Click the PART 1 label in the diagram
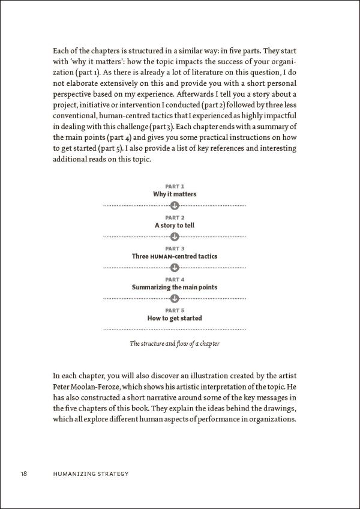coord(175,187)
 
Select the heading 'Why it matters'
coord(175,194)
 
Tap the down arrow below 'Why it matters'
coord(175,205)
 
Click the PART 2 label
coord(175,218)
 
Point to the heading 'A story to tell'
coord(175,226)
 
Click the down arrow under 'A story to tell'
coord(175,236)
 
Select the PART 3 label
coord(175,248)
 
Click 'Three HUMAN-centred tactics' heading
coord(175,256)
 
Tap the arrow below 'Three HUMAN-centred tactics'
coord(175,267)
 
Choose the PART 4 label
coord(175,280)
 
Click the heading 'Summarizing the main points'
coord(175,288)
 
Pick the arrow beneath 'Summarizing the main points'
coord(175,298)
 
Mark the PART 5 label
coord(175,310)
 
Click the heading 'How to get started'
coord(175,318)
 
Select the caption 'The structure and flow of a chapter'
coord(175,345)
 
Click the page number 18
coord(23,474)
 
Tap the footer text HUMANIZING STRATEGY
coord(91,474)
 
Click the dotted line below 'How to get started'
coord(175,330)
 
